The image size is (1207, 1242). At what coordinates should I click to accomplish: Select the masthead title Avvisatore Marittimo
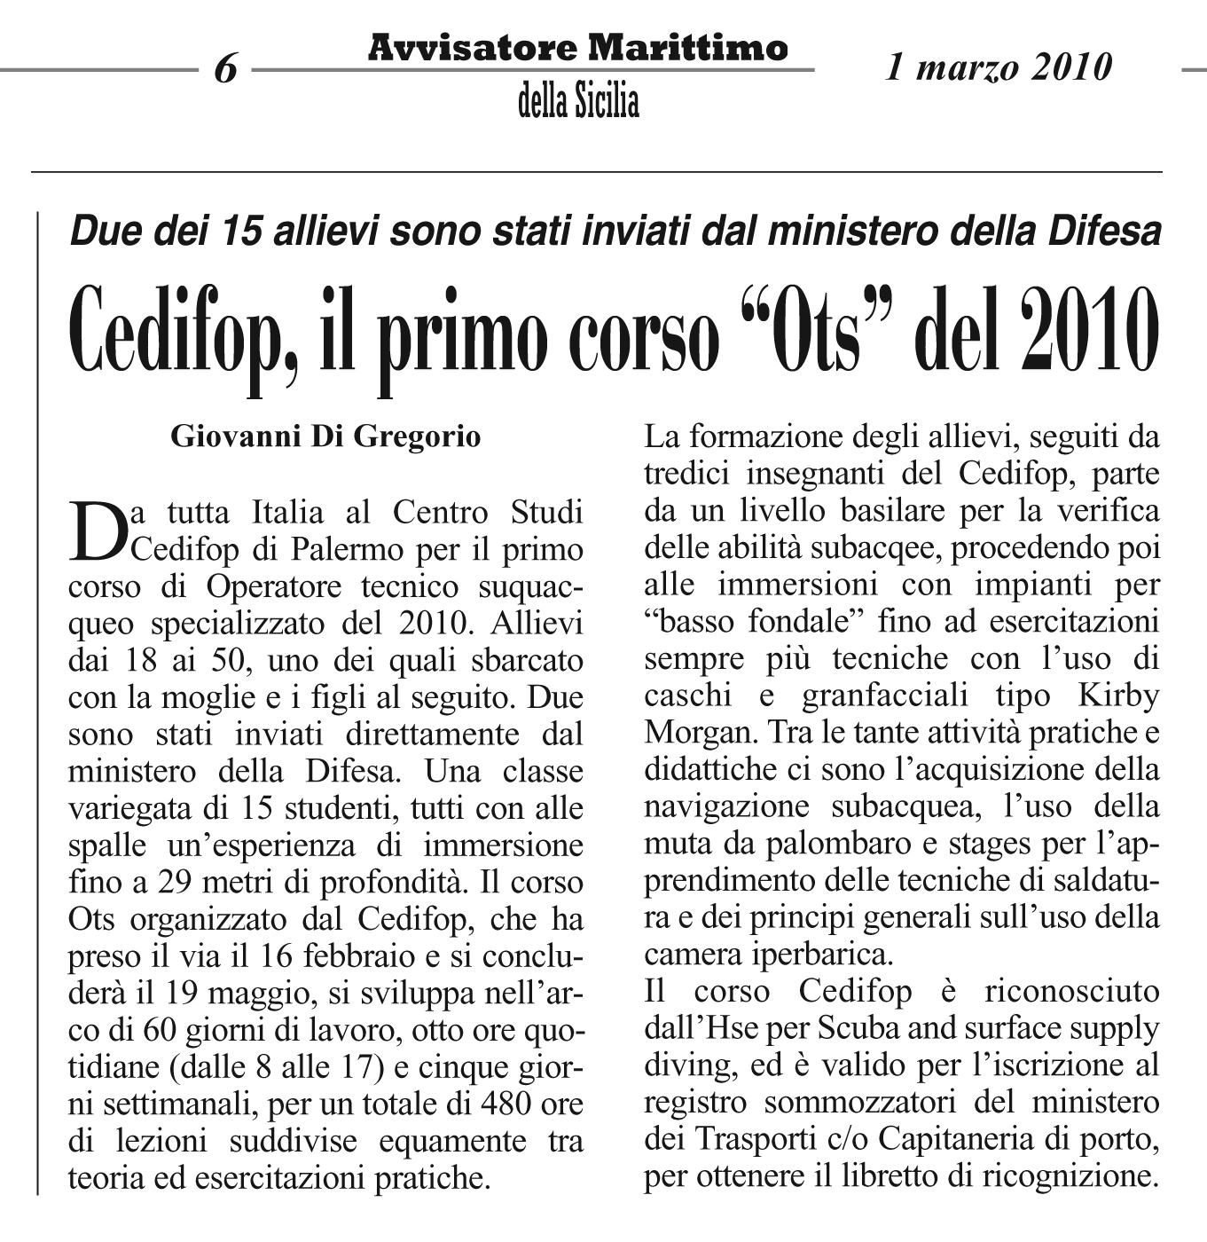click(x=577, y=47)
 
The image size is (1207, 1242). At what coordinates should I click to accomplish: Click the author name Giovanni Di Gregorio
click(x=325, y=436)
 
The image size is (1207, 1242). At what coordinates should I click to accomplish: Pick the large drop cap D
click(x=97, y=531)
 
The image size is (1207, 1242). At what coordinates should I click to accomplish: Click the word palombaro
click(x=834, y=844)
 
